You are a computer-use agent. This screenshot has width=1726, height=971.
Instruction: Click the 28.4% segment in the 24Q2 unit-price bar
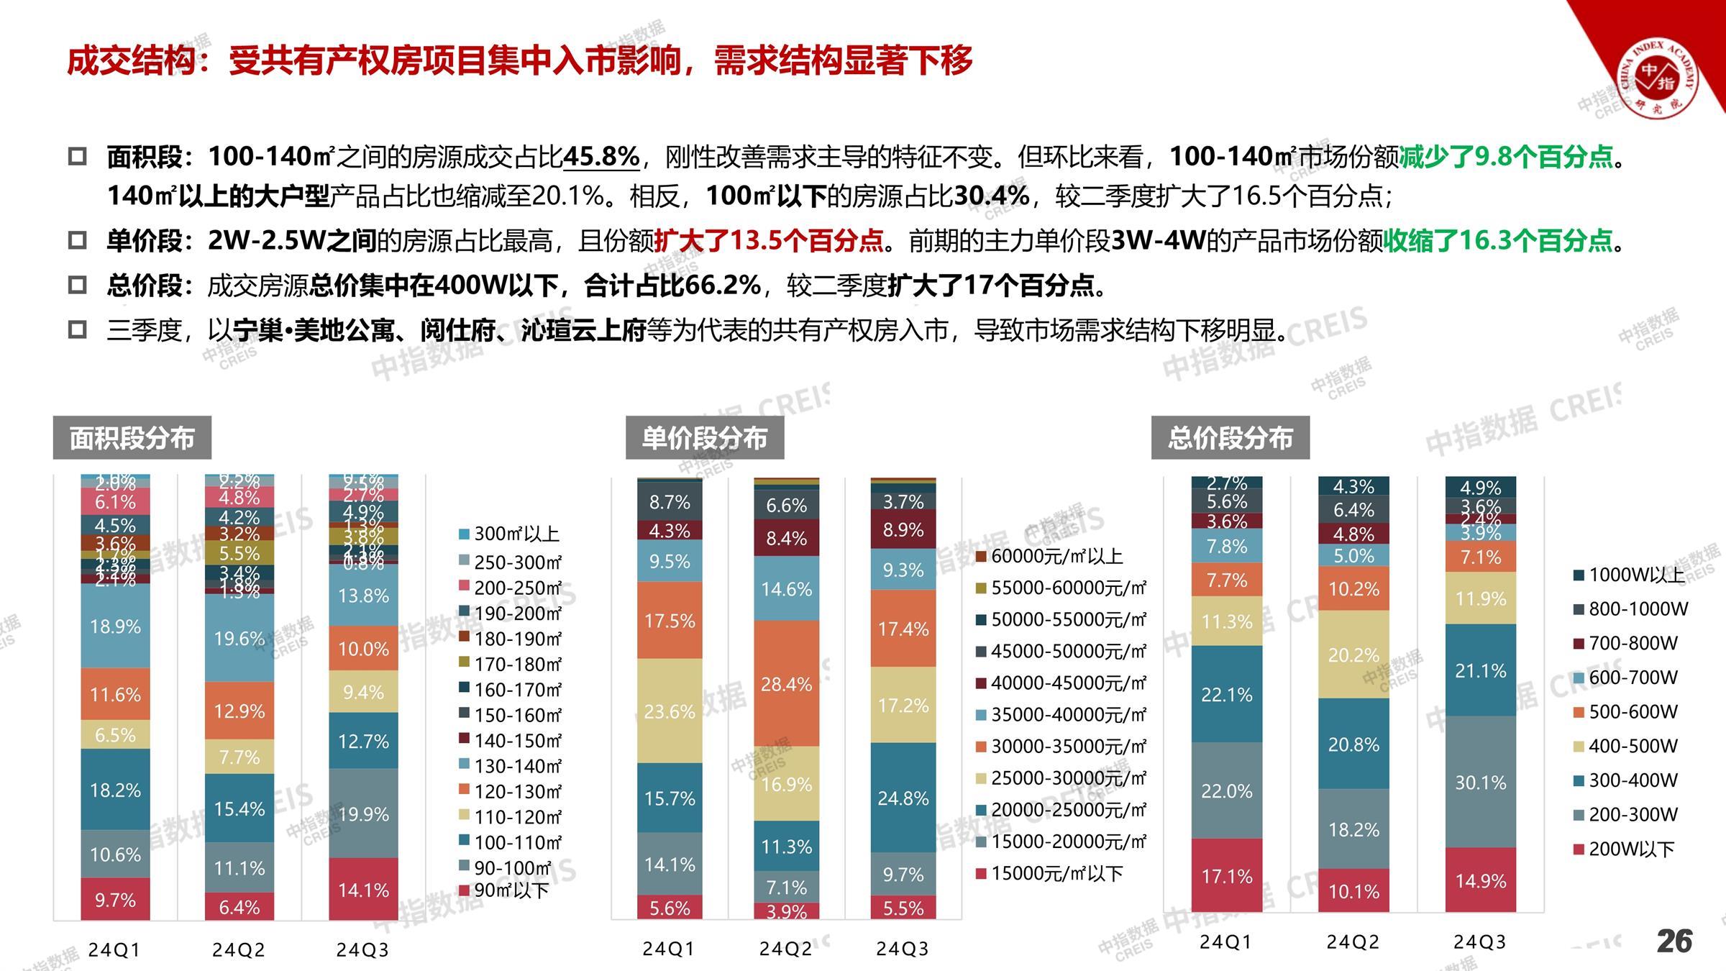click(x=786, y=683)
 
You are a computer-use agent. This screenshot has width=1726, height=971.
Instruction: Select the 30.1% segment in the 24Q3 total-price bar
click(x=1481, y=782)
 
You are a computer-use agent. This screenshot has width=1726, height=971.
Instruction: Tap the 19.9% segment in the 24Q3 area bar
click(x=364, y=813)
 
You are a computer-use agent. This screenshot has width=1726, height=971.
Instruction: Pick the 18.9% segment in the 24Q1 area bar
click(x=115, y=626)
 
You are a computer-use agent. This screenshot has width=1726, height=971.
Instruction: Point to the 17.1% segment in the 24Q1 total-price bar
click(x=1227, y=876)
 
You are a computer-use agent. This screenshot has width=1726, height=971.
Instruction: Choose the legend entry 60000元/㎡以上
click(x=1049, y=556)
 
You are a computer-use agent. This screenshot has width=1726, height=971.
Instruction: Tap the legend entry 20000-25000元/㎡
click(x=1061, y=810)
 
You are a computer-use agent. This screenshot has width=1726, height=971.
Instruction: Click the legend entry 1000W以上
click(x=1629, y=575)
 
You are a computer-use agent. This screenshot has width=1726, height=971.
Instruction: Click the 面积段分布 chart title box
click(x=132, y=437)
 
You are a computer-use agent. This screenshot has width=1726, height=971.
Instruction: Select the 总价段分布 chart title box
click(x=1230, y=437)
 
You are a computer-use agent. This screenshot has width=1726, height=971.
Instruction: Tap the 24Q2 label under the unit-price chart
click(x=785, y=949)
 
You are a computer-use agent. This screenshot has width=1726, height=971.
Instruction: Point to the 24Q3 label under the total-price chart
click(x=1479, y=942)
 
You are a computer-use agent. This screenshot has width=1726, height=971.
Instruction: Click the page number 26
click(x=1674, y=941)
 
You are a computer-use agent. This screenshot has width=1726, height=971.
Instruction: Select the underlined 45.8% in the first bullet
click(x=601, y=156)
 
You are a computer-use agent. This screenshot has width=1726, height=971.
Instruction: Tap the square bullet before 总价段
click(x=77, y=286)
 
